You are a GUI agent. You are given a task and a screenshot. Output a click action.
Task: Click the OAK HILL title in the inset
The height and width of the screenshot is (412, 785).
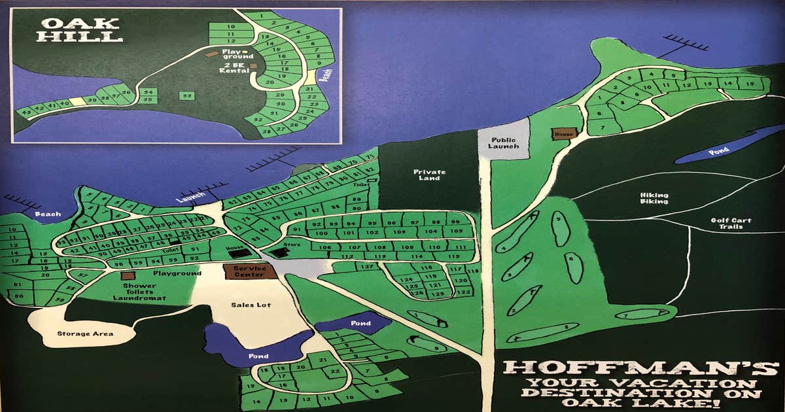[80, 29]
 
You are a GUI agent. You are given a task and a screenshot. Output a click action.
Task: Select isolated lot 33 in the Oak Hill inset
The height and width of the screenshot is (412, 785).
[188, 95]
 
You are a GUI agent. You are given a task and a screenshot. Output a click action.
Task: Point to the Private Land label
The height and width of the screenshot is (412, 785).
[429, 176]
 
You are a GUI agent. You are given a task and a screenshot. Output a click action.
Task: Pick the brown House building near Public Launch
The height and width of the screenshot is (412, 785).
[564, 133]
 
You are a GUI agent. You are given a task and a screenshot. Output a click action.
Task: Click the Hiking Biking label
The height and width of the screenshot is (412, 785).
[654, 197]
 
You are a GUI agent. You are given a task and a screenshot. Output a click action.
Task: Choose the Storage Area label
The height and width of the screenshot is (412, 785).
[85, 334]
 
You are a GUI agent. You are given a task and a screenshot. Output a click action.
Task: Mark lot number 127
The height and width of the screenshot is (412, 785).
[368, 267]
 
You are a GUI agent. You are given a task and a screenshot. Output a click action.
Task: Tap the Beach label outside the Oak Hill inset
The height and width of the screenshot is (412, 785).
[48, 214]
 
